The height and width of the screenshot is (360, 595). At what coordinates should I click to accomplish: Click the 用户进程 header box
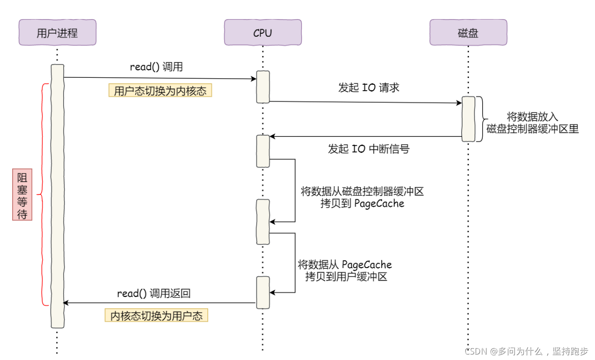click(x=57, y=32)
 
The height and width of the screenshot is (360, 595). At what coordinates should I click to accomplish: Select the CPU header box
click(x=262, y=32)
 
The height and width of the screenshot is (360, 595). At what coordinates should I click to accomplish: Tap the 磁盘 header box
click(x=468, y=32)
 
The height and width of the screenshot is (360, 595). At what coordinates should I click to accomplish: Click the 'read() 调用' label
click(x=156, y=67)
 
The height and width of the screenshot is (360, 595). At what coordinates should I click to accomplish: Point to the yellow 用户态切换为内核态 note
click(x=160, y=91)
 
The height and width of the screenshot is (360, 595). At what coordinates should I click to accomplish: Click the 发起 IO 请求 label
click(x=368, y=88)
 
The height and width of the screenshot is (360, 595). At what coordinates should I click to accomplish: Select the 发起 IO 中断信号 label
click(x=368, y=149)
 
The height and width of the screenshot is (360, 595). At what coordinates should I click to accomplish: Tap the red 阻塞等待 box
click(x=22, y=196)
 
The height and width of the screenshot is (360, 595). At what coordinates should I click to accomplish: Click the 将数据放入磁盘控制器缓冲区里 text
click(x=532, y=122)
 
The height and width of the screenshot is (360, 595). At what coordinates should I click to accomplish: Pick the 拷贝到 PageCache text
click(x=362, y=203)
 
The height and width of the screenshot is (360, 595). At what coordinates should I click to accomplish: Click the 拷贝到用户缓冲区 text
click(x=346, y=276)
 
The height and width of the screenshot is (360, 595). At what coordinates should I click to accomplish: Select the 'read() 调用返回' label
click(x=153, y=294)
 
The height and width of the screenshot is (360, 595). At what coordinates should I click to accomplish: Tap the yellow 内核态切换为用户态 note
click(x=156, y=315)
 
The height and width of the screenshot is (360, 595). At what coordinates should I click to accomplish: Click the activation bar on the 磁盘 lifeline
click(x=469, y=119)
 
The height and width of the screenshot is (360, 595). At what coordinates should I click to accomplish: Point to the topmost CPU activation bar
click(x=263, y=86)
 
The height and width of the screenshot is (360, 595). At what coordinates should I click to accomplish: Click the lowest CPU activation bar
click(x=263, y=292)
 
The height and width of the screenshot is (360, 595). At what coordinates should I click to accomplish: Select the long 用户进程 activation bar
click(x=57, y=196)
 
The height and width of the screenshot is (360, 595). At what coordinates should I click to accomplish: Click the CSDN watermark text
click(x=526, y=351)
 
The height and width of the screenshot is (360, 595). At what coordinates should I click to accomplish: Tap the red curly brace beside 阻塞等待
click(x=43, y=195)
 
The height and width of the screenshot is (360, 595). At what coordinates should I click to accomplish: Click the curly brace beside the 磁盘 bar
click(x=480, y=119)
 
